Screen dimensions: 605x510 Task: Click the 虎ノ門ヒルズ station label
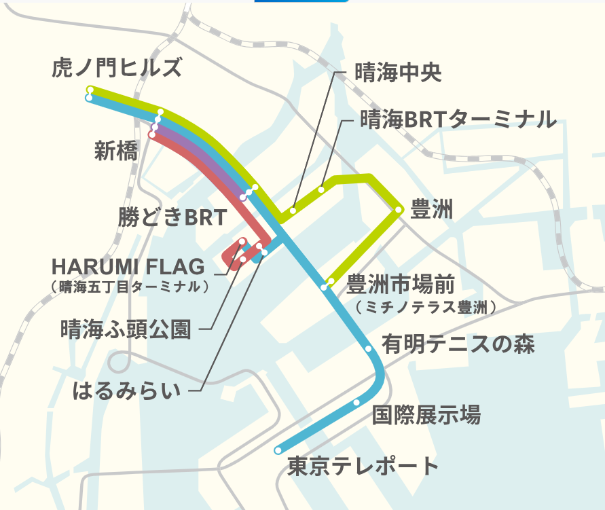[x=117, y=68]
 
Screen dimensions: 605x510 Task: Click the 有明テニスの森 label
[x=458, y=344]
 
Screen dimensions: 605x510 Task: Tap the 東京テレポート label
[x=363, y=467]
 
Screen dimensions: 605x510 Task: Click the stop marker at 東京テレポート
[x=278, y=450]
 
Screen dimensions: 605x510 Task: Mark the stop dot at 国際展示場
[x=356, y=403]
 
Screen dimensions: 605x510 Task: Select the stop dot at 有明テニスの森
[x=368, y=349]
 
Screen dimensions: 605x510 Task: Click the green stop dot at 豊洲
[x=398, y=211]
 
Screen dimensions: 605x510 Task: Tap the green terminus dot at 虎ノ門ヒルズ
[x=90, y=89]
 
